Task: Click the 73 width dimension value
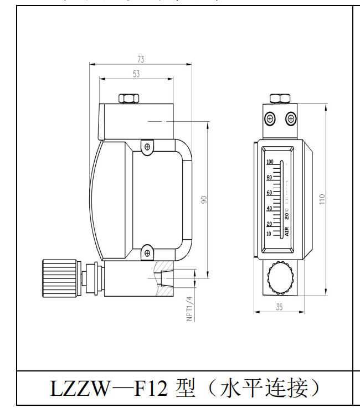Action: click(x=141, y=59)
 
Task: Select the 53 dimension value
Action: click(x=136, y=74)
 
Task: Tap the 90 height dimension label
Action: click(x=203, y=200)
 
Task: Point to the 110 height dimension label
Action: click(x=322, y=199)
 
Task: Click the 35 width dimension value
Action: click(x=279, y=307)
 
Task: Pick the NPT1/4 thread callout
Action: click(x=189, y=308)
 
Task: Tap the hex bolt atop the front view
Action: click(x=280, y=99)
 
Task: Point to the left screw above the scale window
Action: click(x=269, y=118)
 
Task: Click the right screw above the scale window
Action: click(x=290, y=118)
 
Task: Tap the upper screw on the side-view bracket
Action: click(x=147, y=147)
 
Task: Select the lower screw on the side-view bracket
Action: click(x=147, y=254)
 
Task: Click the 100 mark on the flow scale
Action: click(x=270, y=162)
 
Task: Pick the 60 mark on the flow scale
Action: click(x=270, y=193)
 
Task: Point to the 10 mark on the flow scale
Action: click(x=270, y=234)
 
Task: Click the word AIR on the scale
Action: click(x=286, y=231)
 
